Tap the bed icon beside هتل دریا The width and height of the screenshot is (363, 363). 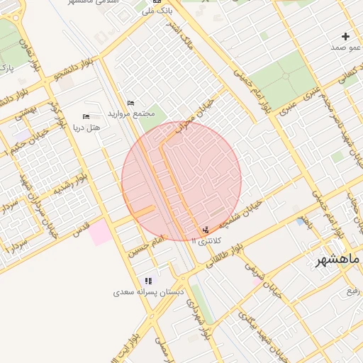coord(86,116)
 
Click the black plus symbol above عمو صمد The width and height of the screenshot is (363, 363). coord(345,36)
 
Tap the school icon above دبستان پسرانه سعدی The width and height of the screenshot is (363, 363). coord(148,281)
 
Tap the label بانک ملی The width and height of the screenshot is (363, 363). coord(155,11)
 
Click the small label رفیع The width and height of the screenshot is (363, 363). coord(353,291)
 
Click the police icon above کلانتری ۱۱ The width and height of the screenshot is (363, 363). coord(206,230)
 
